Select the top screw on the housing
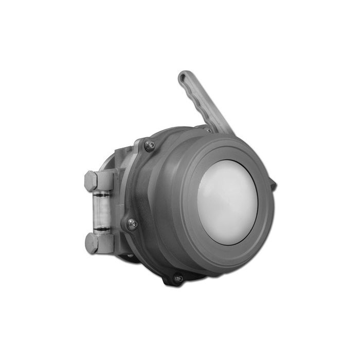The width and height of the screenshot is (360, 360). point(149,146)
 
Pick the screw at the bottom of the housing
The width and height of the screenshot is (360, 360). point(178,278)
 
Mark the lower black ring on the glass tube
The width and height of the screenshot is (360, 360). point(102,228)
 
